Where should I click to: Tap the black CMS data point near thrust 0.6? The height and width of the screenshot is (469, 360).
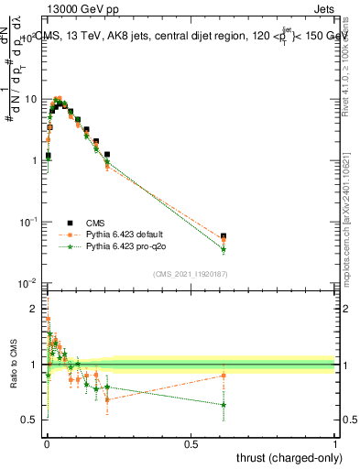pos(224,236)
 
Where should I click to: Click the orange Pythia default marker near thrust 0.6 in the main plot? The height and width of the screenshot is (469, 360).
pos(224,241)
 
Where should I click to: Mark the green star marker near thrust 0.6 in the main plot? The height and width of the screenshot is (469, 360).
pos(224,249)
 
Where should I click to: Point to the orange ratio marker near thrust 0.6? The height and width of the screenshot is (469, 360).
pos(224,376)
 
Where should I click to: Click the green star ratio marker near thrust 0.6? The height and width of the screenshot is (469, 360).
pos(224,404)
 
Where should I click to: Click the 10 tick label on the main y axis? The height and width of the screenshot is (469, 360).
pos(30,98)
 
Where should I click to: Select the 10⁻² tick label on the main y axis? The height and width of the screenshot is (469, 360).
pos(28,283)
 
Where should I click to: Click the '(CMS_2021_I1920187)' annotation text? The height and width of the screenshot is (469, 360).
pos(191,273)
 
